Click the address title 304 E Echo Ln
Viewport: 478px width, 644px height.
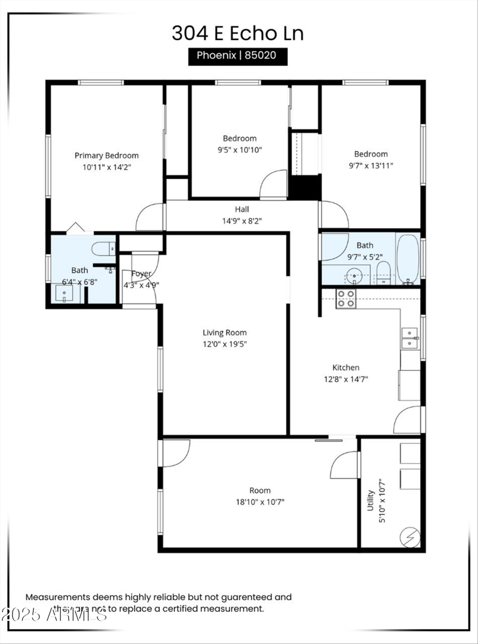[238, 33]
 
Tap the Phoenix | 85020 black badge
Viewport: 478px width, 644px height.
[238, 57]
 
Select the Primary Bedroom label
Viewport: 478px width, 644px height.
[106, 155]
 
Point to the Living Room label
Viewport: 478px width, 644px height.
[224, 333]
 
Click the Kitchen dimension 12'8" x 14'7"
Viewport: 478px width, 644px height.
[346, 379]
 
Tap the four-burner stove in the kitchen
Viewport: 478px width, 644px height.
[346, 298]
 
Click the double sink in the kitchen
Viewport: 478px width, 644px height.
[410, 338]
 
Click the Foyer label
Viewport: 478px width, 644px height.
[141, 274]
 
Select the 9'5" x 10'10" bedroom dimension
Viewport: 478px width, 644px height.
[240, 150]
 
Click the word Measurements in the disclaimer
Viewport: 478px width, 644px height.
[57, 597]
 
